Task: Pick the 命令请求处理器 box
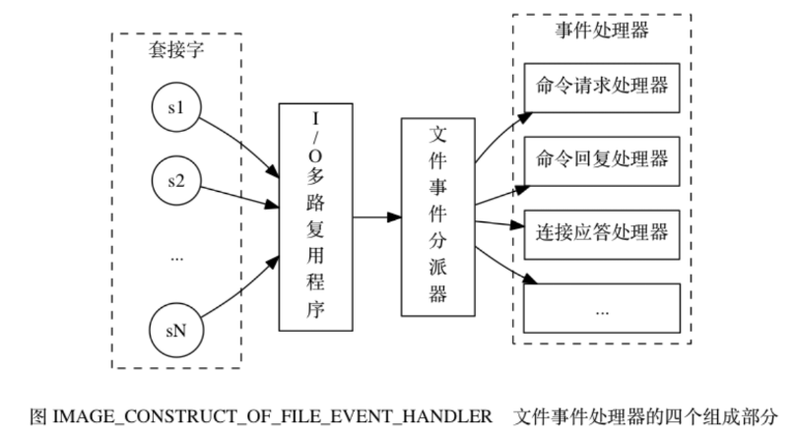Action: point(601,86)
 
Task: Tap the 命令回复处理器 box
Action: point(601,159)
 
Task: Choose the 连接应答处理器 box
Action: point(601,233)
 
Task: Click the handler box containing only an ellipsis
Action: point(601,307)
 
